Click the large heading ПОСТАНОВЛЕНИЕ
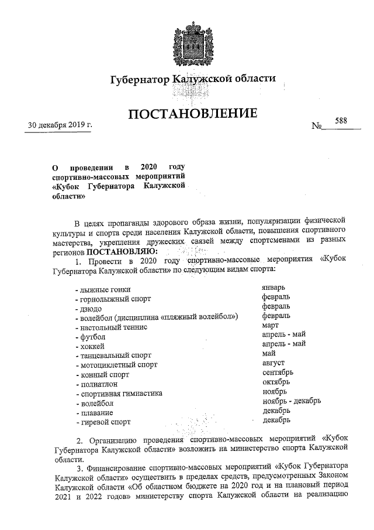pyautogui.click(x=192, y=114)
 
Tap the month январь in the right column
pyautogui.click(x=273, y=287)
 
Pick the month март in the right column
pyautogui.click(x=270, y=324)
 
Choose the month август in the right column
pyautogui.click(x=273, y=363)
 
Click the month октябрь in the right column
pyautogui.click(x=276, y=381)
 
